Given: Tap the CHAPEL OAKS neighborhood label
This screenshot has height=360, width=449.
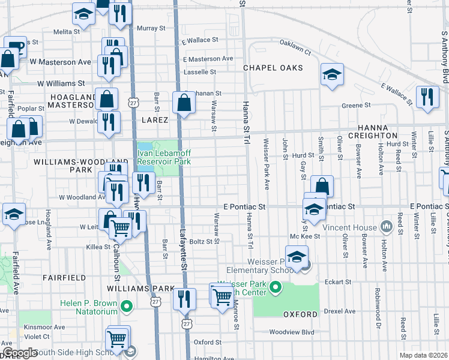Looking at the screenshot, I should [x=273, y=68].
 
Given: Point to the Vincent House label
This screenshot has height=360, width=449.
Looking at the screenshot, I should [x=349, y=227].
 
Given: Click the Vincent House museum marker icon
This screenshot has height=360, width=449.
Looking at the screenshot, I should [x=386, y=227].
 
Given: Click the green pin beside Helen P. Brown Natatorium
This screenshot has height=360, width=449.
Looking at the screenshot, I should [x=126, y=308].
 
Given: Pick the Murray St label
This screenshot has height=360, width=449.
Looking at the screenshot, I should [x=151, y=28].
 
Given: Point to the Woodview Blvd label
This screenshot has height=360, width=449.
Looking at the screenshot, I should [x=292, y=332].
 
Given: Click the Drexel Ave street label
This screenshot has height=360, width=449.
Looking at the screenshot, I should [x=343, y=311].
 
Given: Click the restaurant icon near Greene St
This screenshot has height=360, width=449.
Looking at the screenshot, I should [x=427, y=97].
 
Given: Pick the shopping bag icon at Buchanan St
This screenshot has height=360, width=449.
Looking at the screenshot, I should [x=183, y=103].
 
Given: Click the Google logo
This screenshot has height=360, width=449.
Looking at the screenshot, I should [x=20, y=353].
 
